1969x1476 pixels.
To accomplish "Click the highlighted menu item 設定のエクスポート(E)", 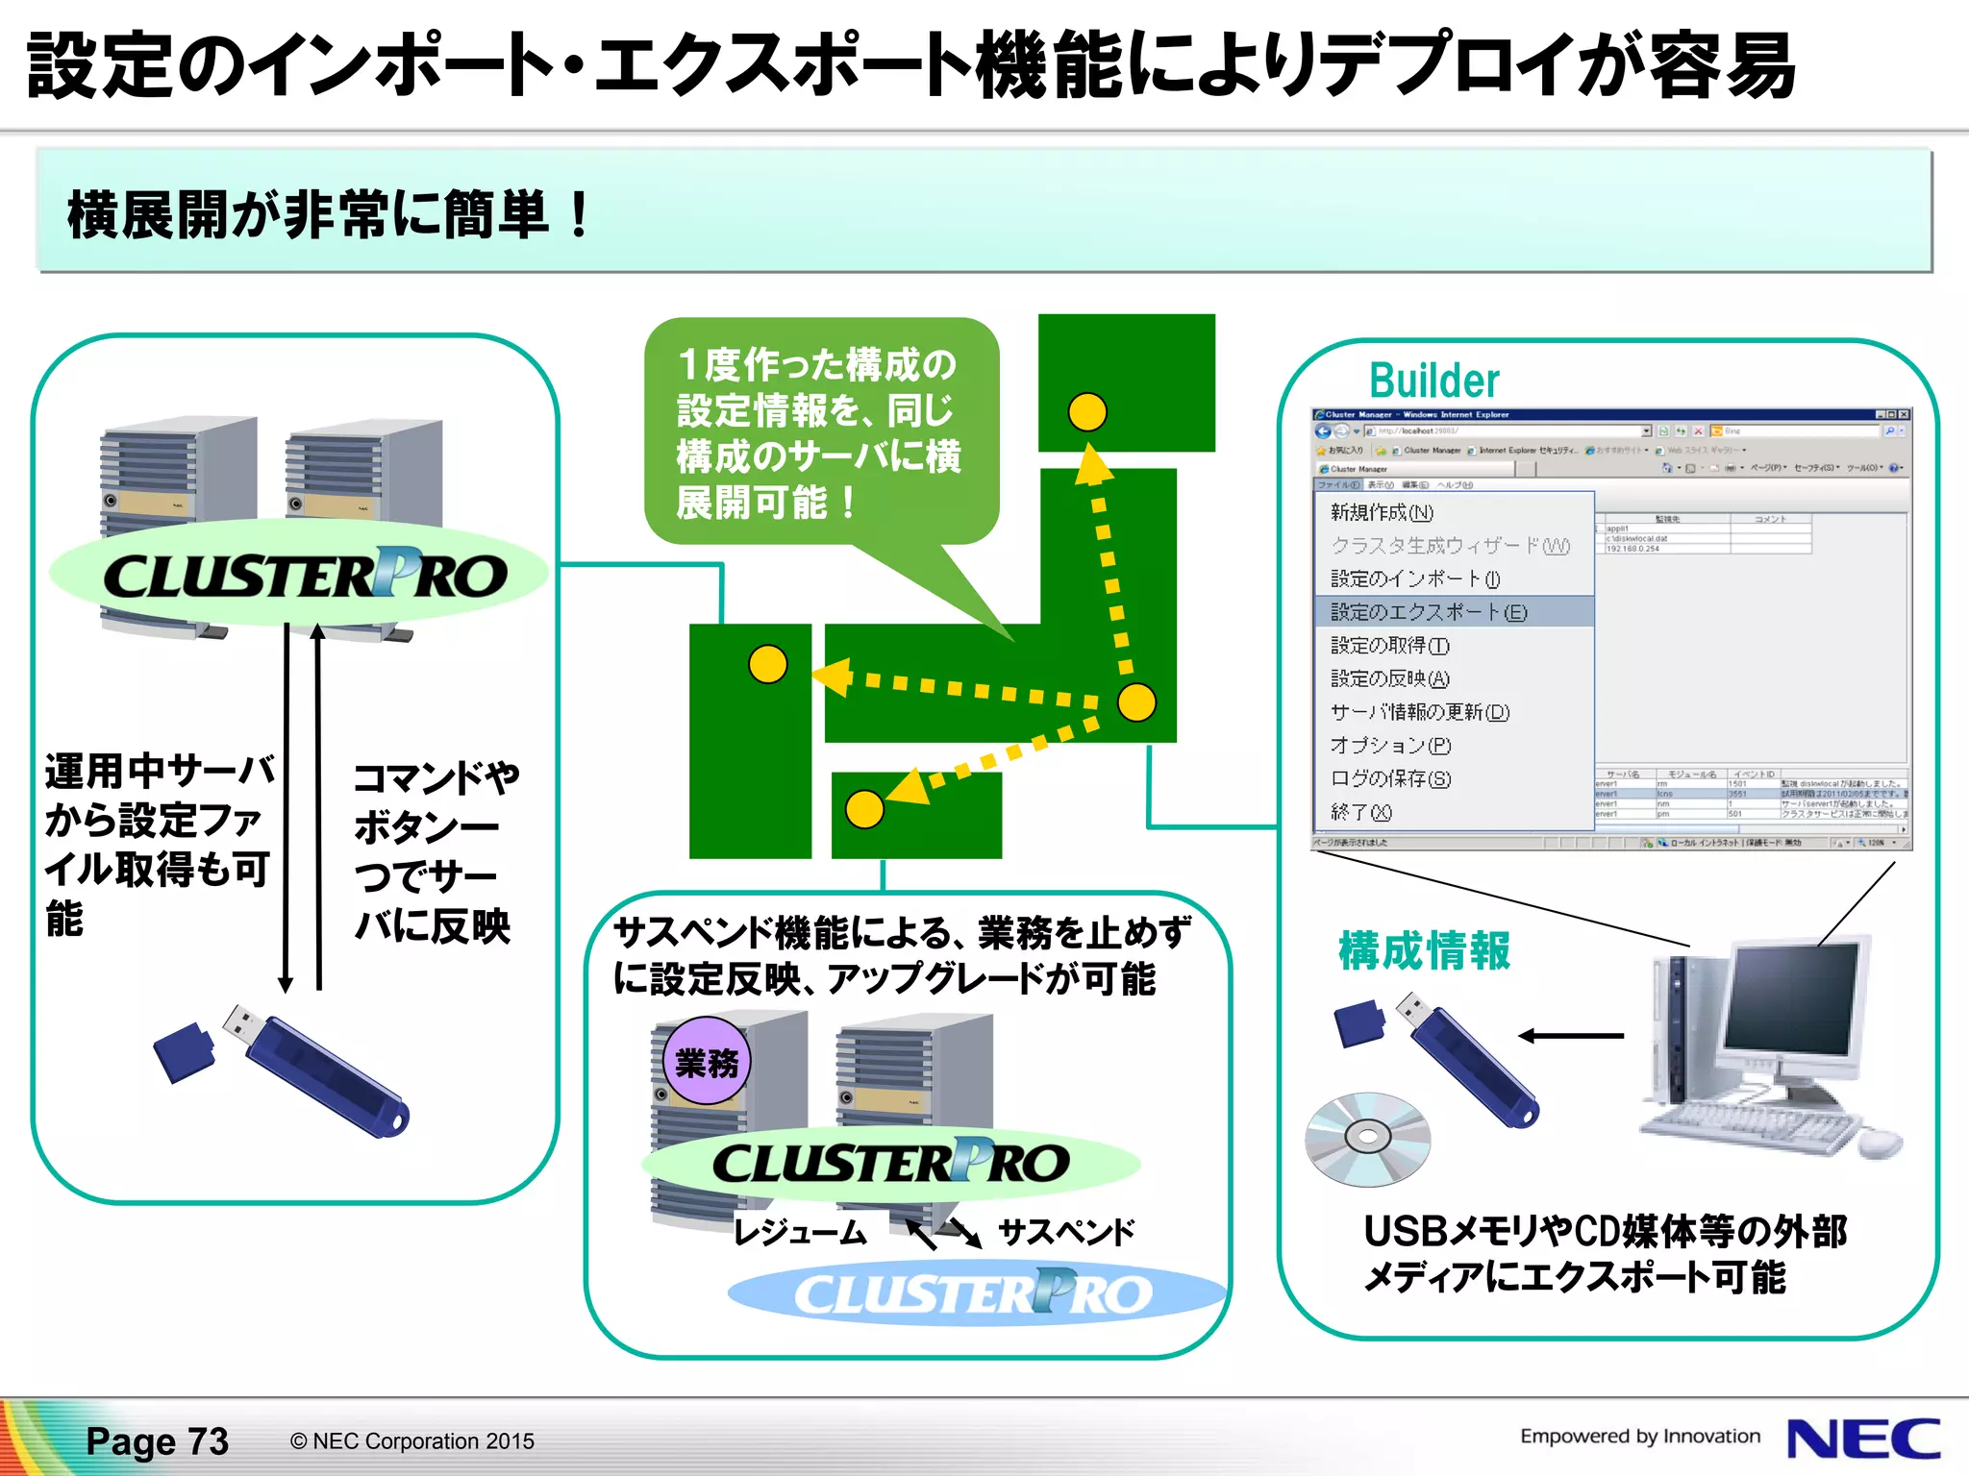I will [x=1428, y=612].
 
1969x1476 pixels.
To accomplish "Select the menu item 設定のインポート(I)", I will [x=1415, y=578].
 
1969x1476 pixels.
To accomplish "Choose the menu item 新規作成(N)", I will [x=1382, y=512].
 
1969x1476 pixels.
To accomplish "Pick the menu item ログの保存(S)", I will [x=1390, y=778].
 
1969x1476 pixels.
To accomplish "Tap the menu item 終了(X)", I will [x=1360, y=812].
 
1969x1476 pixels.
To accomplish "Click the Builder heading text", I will [x=1433, y=381].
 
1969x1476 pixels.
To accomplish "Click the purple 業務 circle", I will [x=708, y=1062].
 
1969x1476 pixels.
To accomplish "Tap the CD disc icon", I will [x=1367, y=1138].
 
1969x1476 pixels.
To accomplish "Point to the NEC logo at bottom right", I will [x=1862, y=1439].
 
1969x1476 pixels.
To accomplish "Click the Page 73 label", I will [x=158, y=1441].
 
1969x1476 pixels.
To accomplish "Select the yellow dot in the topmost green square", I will [x=1087, y=412].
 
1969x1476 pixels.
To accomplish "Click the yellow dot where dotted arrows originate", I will [x=1136, y=702].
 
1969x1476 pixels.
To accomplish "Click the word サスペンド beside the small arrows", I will [x=1066, y=1232].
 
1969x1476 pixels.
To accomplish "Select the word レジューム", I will [x=800, y=1232].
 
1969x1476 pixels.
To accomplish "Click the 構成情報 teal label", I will [x=1424, y=951].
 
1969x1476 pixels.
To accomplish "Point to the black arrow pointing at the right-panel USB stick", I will [x=1571, y=1036].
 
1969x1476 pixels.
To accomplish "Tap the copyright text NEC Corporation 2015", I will [x=412, y=1441].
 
